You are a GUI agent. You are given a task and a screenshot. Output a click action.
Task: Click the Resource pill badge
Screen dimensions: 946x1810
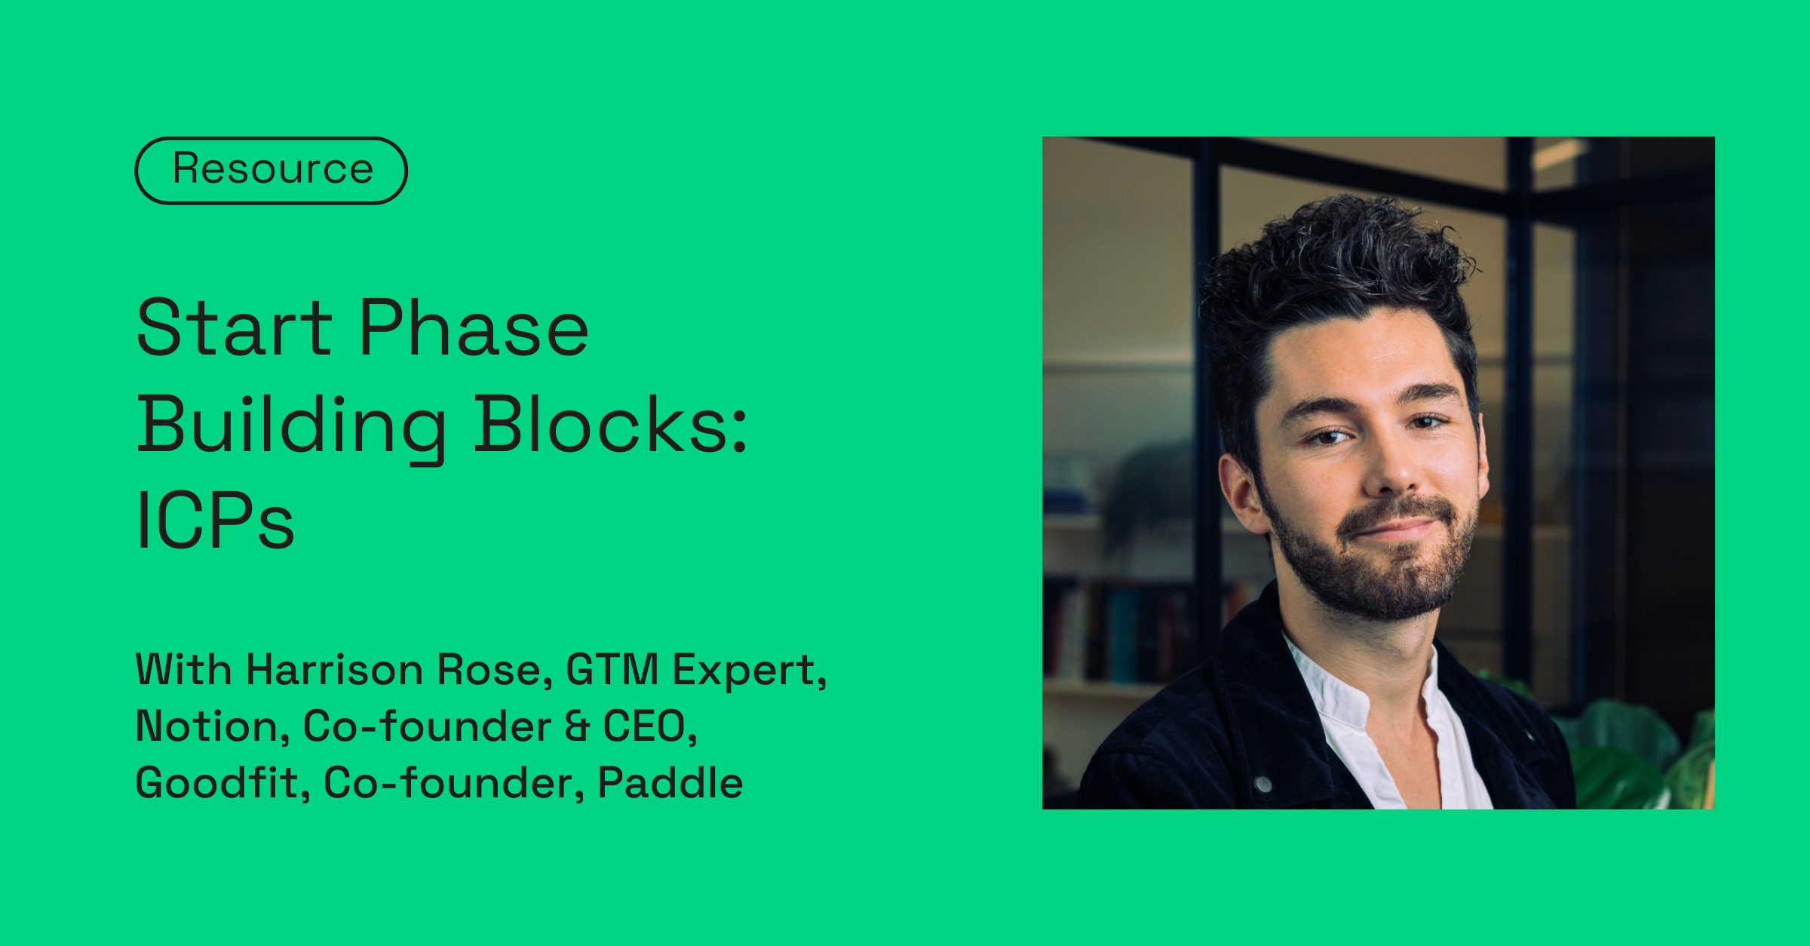[271, 170]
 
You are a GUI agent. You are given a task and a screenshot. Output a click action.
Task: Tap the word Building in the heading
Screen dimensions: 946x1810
[291, 425]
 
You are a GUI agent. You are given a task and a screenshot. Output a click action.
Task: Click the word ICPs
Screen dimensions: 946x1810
[215, 521]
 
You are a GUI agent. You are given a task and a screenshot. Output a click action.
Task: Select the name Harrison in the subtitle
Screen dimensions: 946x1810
[335, 670]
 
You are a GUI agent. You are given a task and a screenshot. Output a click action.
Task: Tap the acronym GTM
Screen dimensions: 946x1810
[612, 670]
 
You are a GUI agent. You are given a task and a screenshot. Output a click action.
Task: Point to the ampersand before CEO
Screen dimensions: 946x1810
[577, 726]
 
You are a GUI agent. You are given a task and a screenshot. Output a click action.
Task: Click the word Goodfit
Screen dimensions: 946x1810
[217, 783]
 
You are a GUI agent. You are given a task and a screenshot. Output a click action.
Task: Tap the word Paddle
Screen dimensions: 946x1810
[670, 783]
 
